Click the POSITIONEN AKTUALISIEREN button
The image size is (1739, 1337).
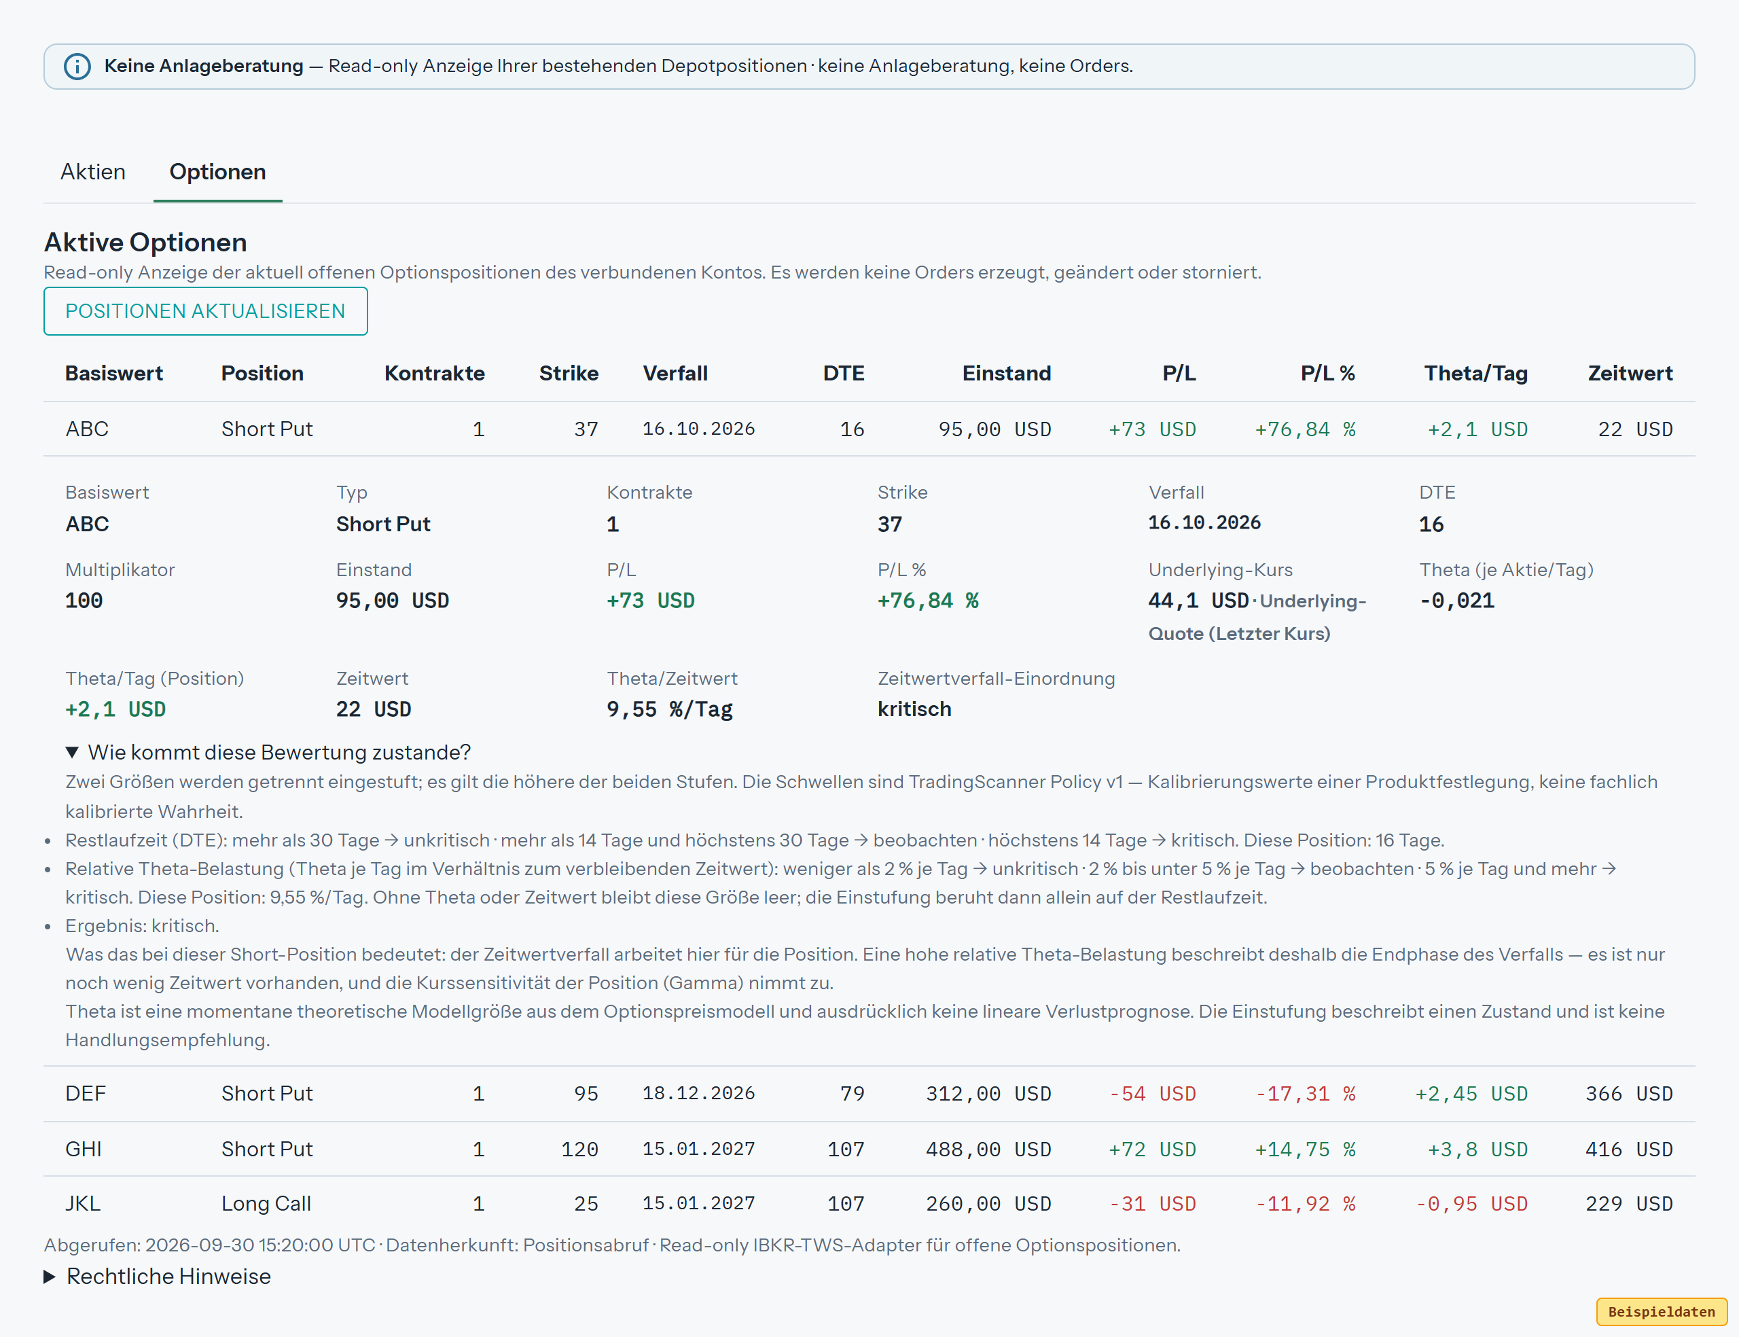[205, 311]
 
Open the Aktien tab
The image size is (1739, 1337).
[93, 172]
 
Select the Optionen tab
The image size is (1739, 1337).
[218, 172]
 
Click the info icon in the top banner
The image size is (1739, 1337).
[77, 66]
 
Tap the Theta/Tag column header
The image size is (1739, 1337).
[1475, 373]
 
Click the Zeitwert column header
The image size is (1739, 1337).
[1630, 373]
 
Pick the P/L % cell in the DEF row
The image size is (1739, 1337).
[1306, 1094]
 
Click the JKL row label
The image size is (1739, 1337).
[83, 1203]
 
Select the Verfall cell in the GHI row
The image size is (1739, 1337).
[698, 1148]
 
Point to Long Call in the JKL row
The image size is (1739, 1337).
[266, 1203]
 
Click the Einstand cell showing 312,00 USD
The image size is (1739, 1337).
[988, 1094]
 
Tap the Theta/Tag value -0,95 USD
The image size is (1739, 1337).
[1472, 1203]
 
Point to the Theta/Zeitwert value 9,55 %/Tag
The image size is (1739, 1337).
[670, 709]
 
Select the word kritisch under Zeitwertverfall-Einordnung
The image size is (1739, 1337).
[914, 709]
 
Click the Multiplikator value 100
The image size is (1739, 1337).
[84, 601]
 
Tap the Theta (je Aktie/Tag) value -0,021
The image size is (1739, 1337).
[1456, 601]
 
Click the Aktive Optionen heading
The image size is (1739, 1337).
[145, 242]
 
